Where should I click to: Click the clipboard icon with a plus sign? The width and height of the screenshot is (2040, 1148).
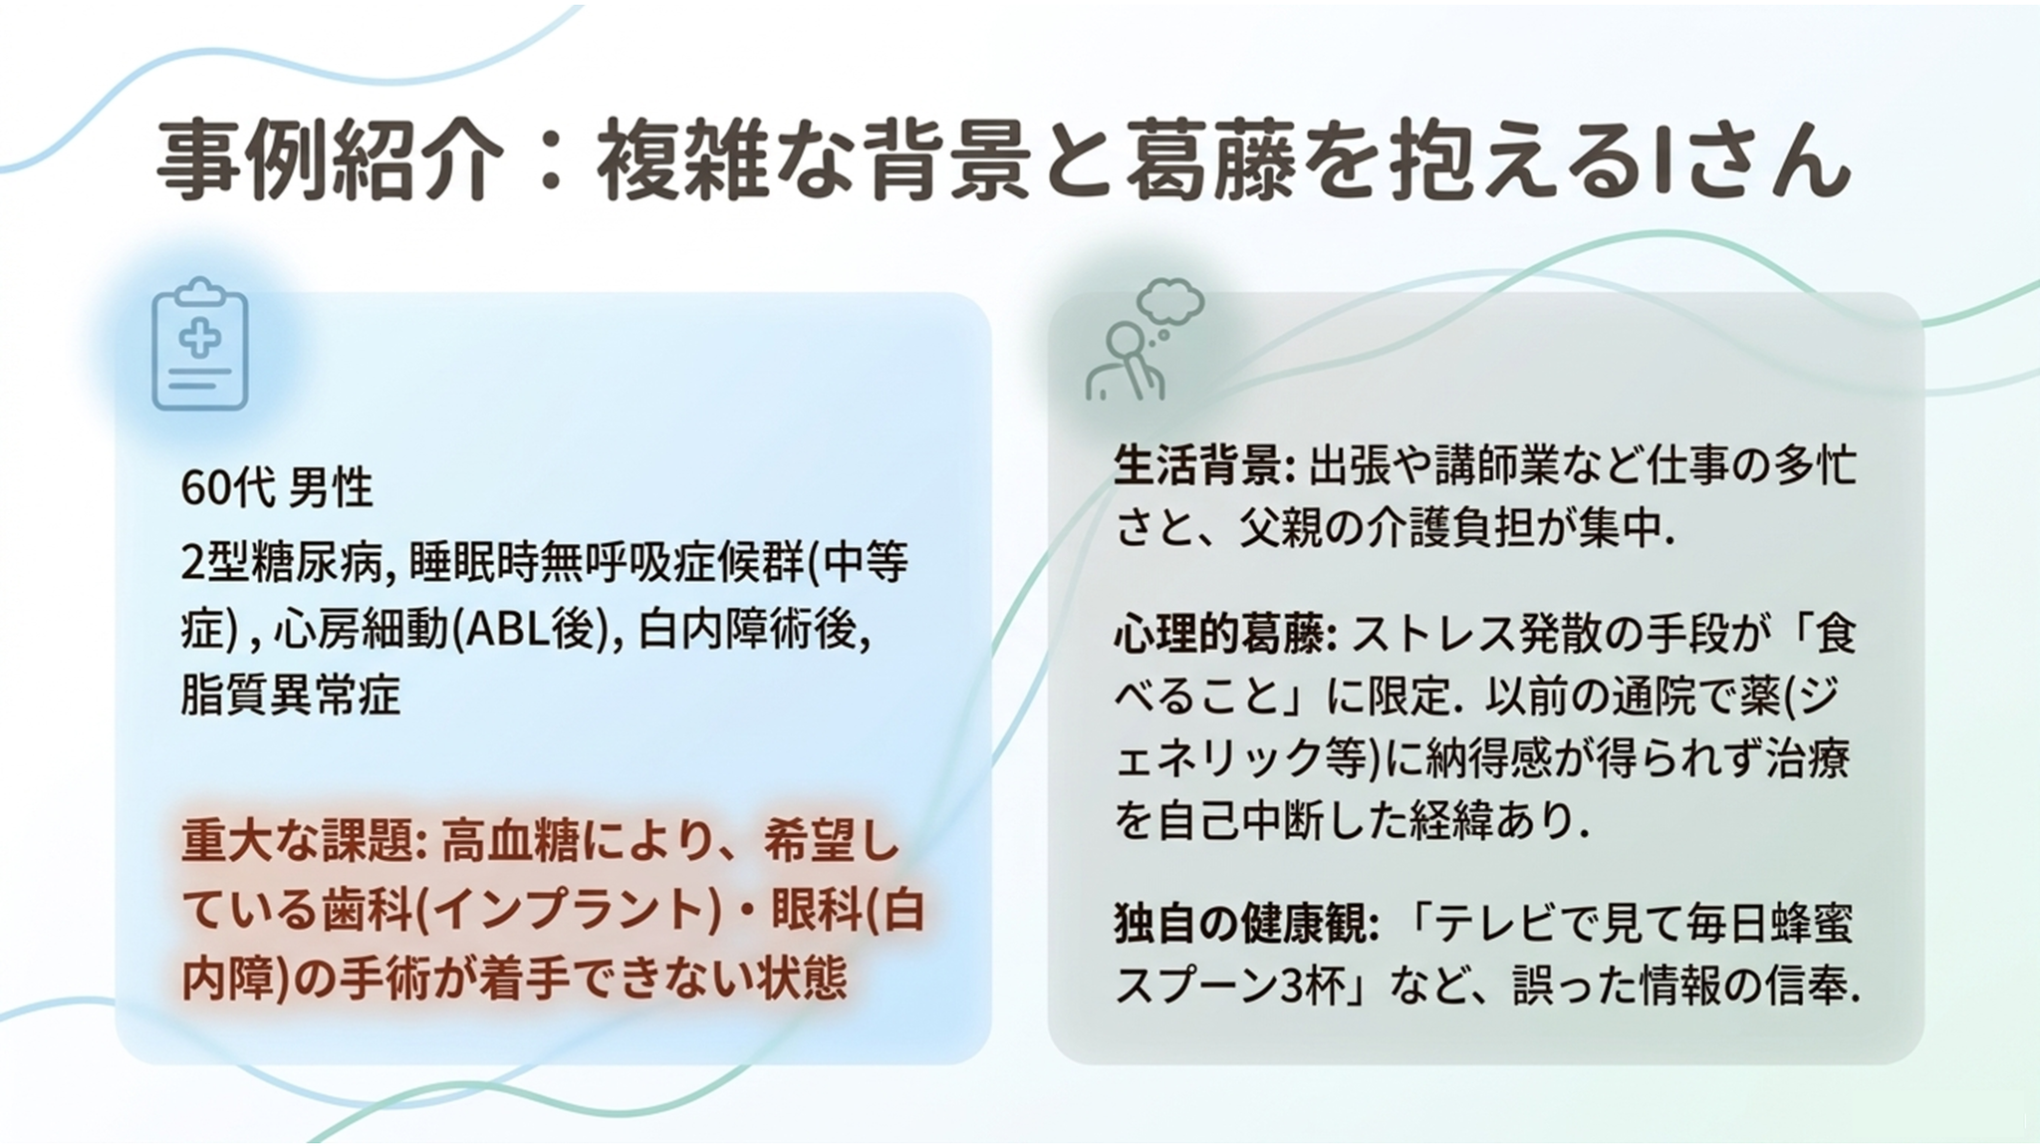(x=200, y=344)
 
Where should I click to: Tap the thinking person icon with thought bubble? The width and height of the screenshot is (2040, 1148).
(x=1145, y=340)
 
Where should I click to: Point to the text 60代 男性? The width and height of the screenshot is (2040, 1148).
(x=277, y=488)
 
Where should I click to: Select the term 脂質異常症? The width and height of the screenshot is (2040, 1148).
(x=290, y=695)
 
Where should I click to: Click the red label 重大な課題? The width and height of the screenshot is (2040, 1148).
(x=305, y=843)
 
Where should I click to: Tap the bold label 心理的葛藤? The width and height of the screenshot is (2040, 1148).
(x=1226, y=634)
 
